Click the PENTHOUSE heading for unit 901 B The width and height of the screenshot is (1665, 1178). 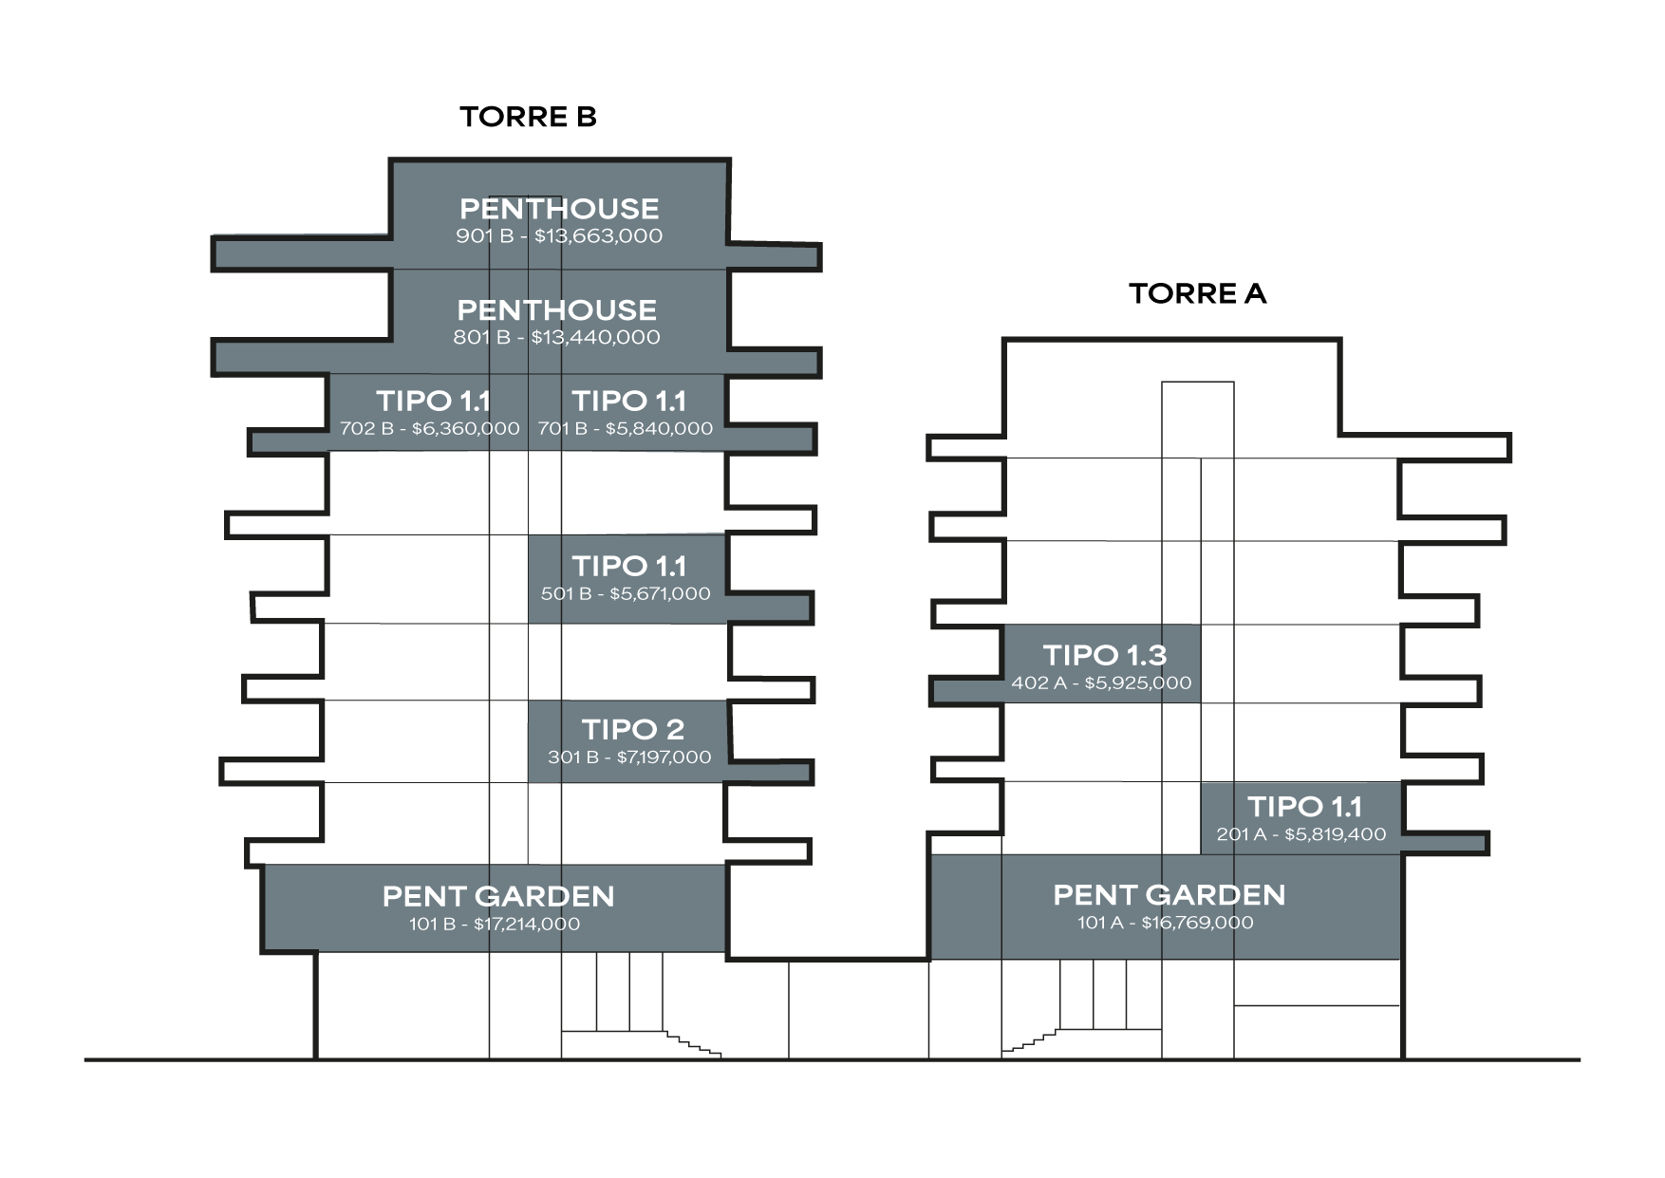[x=559, y=209]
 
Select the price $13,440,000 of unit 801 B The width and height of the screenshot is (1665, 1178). [x=595, y=337]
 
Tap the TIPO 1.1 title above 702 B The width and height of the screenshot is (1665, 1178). [x=433, y=402]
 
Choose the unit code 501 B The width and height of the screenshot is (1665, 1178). [x=566, y=594]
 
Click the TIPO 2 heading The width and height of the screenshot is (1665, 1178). [x=632, y=730]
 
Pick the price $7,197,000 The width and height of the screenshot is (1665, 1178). [x=664, y=757]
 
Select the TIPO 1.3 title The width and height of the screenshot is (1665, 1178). [x=1105, y=655]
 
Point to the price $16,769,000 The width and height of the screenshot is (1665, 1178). [x=1197, y=923]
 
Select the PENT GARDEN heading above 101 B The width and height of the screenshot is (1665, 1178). [x=498, y=896]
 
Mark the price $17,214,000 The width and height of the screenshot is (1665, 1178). [x=527, y=925]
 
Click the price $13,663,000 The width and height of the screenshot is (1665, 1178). [x=598, y=236]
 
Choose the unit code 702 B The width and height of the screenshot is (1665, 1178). [x=366, y=429]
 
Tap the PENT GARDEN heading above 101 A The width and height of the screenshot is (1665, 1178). [x=1169, y=895]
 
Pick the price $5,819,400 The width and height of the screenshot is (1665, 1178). [x=1335, y=835]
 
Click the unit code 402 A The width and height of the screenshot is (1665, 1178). [x=1038, y=683]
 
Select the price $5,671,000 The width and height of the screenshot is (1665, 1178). [x=660, y=594]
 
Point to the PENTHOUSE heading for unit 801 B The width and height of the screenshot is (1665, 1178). [x=556, y=310]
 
